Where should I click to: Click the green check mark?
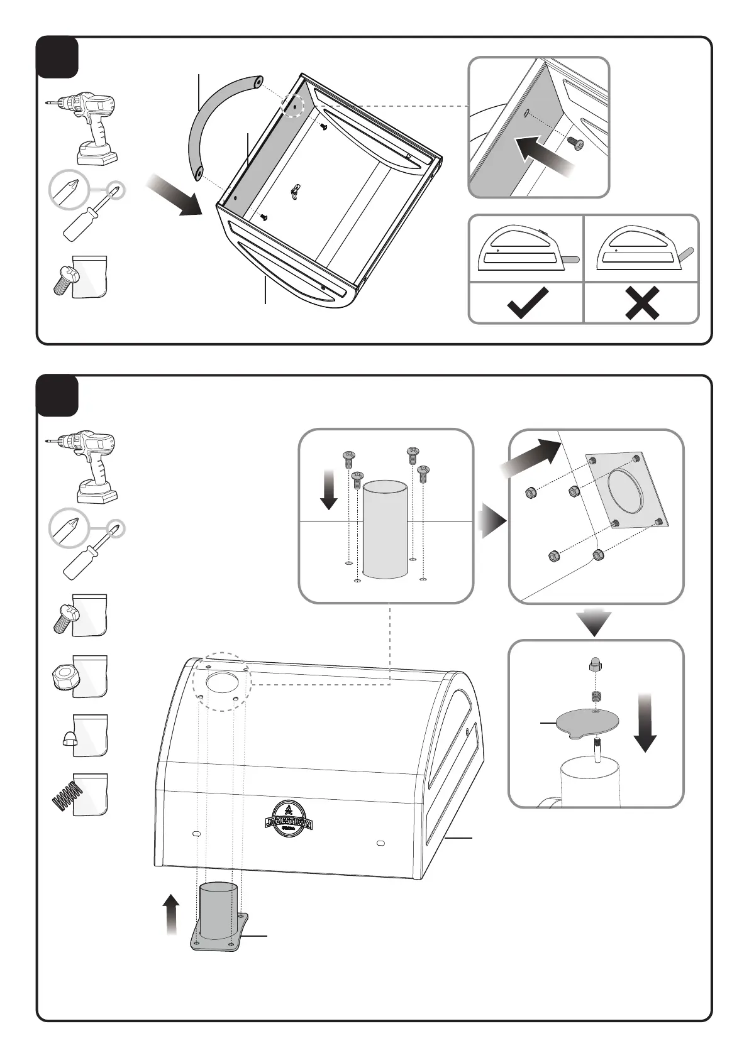pos(526,303)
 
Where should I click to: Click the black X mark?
pos(641,303)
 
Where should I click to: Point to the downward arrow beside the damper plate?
pos(645,723)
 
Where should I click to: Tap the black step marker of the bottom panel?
pos(57,396)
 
